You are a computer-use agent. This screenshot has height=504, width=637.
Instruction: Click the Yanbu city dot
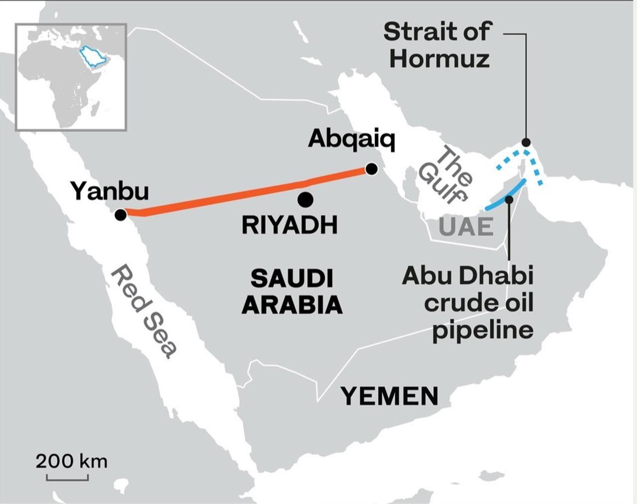tap(120, 215)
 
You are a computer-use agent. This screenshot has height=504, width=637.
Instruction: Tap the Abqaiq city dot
tap(371, 169)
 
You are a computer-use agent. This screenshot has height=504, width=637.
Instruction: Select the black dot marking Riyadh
tap(305, 200)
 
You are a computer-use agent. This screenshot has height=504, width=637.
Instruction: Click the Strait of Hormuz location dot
tap(526, 142)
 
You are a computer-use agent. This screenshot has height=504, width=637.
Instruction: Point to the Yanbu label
tap(109, 191)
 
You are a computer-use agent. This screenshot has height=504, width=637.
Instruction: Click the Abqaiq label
tap(351, 139)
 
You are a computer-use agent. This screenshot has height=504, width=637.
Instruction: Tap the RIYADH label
tap(289, 225)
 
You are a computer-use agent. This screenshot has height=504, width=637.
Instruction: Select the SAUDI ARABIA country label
tap(292, 292)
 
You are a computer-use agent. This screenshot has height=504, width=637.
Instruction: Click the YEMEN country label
tap(390, 396)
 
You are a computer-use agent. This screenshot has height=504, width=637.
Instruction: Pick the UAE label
tap(466, 227)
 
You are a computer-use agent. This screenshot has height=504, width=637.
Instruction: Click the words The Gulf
tap(446, 175)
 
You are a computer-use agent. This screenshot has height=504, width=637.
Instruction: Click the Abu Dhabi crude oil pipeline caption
tap(468, 303)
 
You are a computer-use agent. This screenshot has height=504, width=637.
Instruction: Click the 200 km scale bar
tap(67, 478)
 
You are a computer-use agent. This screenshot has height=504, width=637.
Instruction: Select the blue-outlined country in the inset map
tap(94, 57)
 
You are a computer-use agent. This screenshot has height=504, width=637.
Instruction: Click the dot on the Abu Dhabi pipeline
tap(509, 200)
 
